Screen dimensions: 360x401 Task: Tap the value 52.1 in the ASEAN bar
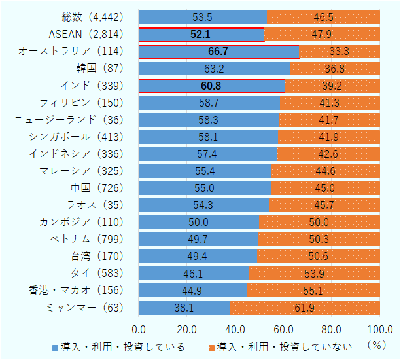point(201,34)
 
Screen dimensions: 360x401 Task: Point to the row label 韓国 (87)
point(98,68)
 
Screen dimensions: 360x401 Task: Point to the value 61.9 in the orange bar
point(305,307)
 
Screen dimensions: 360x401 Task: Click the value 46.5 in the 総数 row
point(323,17)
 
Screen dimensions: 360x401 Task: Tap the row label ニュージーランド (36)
point(67,119)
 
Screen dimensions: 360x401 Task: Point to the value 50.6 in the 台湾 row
point(319,256)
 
